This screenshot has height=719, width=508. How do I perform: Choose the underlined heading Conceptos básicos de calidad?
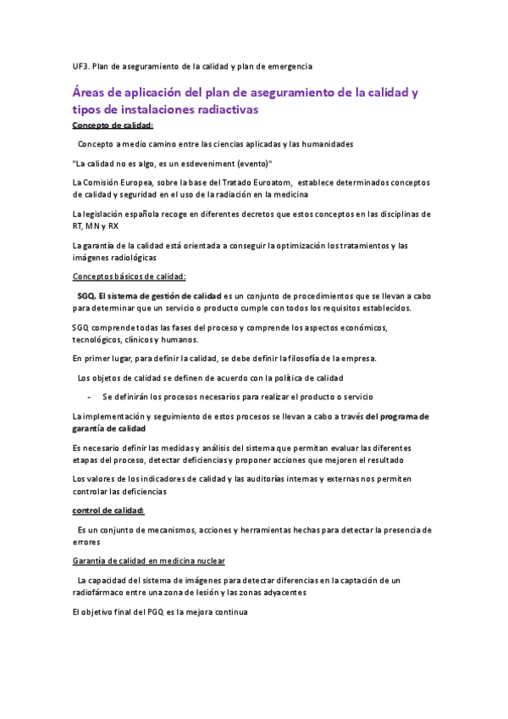[x=130, y=276]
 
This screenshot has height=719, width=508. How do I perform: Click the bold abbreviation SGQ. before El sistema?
[x=86, y=295]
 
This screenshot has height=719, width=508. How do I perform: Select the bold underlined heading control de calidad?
[x=108, y=510]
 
